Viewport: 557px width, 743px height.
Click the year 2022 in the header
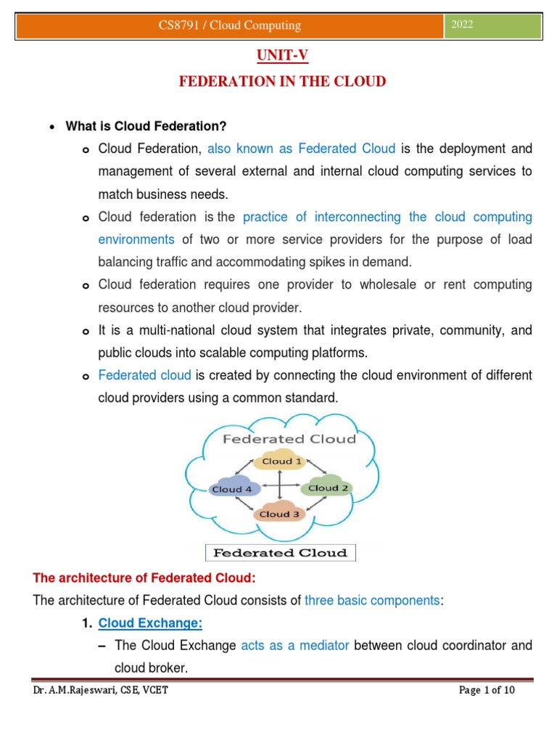463,25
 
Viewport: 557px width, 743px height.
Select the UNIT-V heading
282,56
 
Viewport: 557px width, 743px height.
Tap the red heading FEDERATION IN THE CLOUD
282,81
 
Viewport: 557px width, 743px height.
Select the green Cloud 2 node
329,488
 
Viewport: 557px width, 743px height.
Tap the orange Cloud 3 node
279,514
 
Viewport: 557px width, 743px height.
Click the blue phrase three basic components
371,600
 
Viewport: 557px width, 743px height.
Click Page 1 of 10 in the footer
487,690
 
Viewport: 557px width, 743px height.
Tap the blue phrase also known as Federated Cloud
301,149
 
